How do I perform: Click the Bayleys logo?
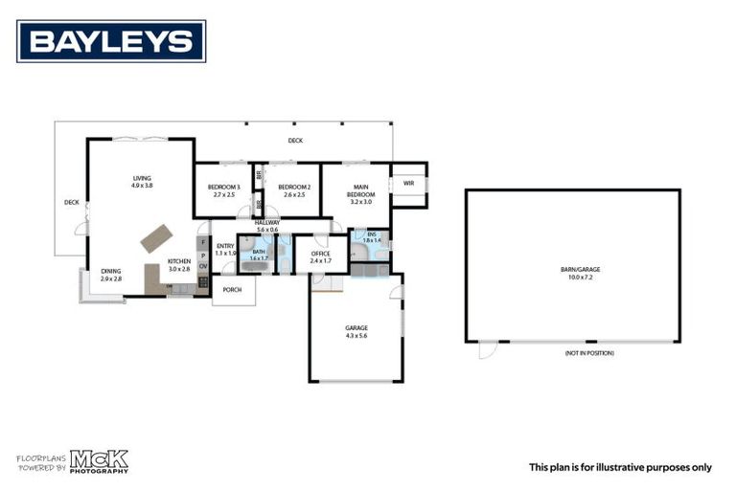[111, 41]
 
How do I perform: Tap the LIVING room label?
[142, 178]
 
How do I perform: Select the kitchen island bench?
[156, 236]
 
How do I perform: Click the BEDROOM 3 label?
[222, 187]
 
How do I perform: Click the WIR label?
[408, 183]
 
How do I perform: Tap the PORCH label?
[232, 289]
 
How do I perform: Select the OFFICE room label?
[320, 254]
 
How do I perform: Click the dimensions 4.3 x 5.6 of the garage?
[356, 335]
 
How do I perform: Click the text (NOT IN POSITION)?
[589, 353]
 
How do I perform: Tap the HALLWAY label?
[266, 223]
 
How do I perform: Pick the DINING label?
[111, 271]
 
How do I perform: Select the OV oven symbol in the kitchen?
[202, 266]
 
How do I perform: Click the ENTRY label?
[225, 246]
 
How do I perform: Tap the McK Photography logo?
[97, 461]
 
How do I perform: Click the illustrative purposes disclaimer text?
[620, 467]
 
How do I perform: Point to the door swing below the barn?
[488, 350]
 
